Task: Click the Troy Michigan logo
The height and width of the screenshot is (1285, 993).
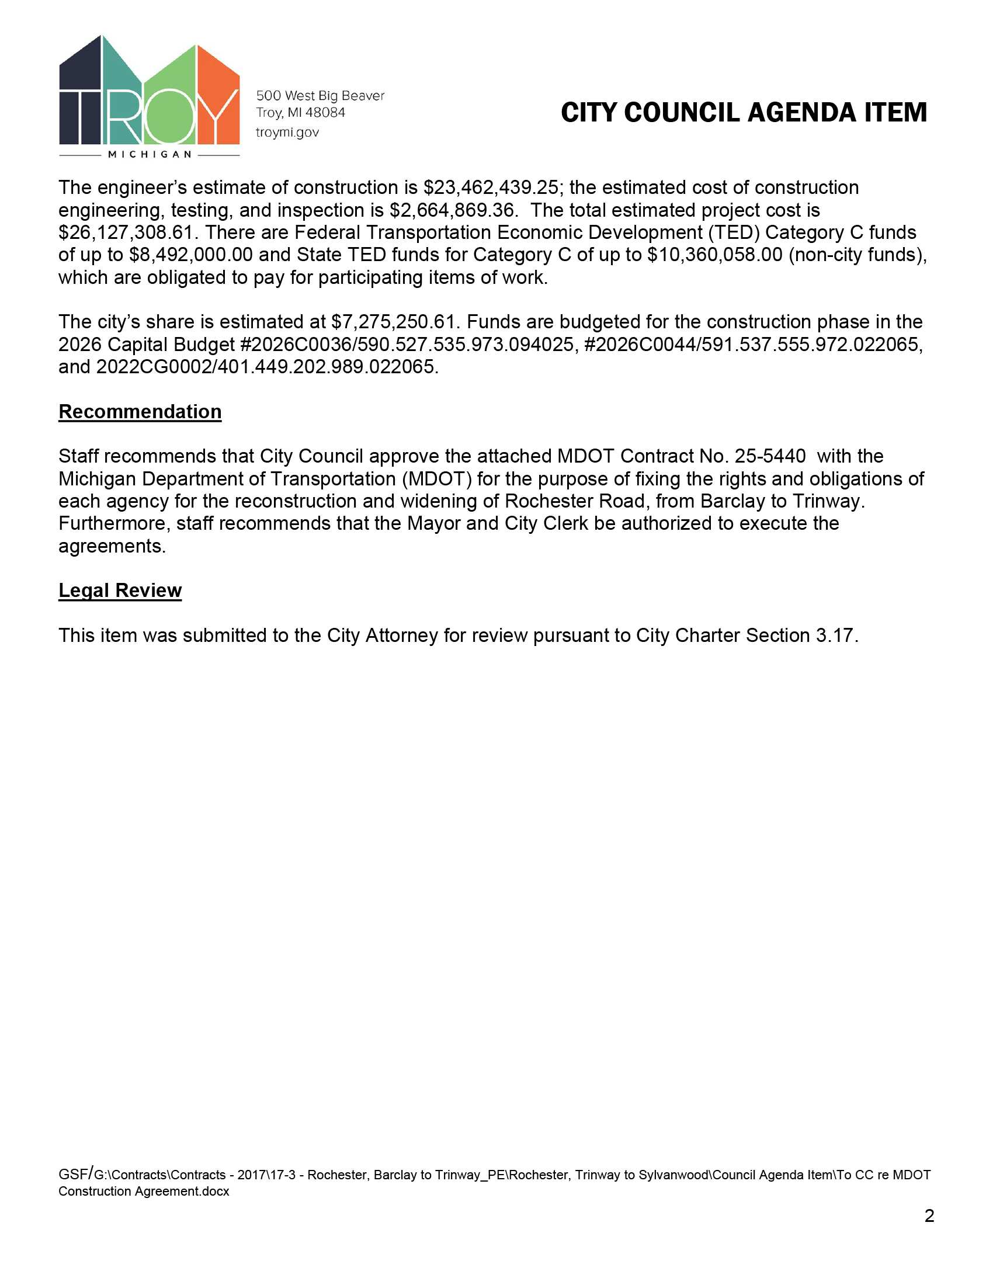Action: pos(150,94)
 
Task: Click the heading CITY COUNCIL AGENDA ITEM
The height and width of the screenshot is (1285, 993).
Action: pos(744,112)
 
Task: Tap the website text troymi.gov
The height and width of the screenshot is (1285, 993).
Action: pos(287,133)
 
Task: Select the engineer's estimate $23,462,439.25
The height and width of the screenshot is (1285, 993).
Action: pos(491,187)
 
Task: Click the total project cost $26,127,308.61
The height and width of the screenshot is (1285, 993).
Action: pos(126,232)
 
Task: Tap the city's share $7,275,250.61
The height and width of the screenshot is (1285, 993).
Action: pos(394,322)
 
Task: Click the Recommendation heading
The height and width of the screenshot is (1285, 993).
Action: pos(140,411)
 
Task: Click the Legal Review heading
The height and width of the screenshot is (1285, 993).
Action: pos(120,590)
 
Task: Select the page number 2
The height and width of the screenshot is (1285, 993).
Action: pos(929,1215)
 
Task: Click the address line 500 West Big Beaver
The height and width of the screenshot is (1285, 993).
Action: pos(320,95)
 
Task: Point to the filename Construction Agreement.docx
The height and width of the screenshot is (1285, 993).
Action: pos(144,1191)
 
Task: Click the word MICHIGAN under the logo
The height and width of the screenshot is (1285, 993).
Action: pos(150,154)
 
